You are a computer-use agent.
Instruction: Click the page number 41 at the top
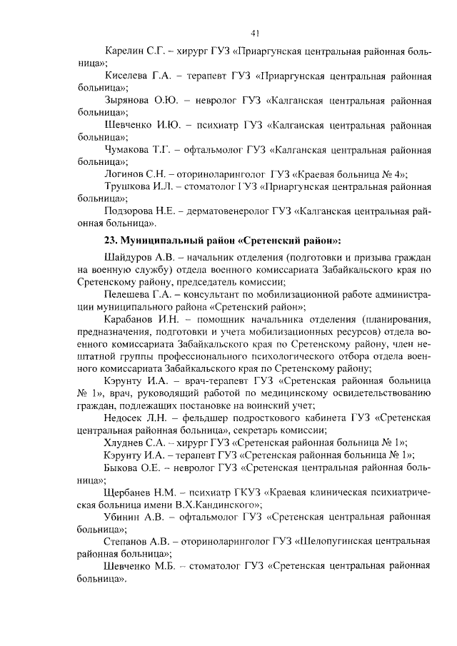pyautogui.click(x=255, y=32)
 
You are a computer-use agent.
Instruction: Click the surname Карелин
pyautogui.click(x=124, y=52)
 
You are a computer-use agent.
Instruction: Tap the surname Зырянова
pyautogui.click(x=128, y=100)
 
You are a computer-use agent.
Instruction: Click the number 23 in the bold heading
pyautogui.click(x=110, y=239)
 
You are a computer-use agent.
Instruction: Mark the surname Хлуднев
pyautogui.click(x=126, y=443)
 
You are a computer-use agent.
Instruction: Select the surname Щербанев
pyautogui.click(x=130, y=492)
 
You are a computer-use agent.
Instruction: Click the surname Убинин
pyautogui.click(x=124, y=517)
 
